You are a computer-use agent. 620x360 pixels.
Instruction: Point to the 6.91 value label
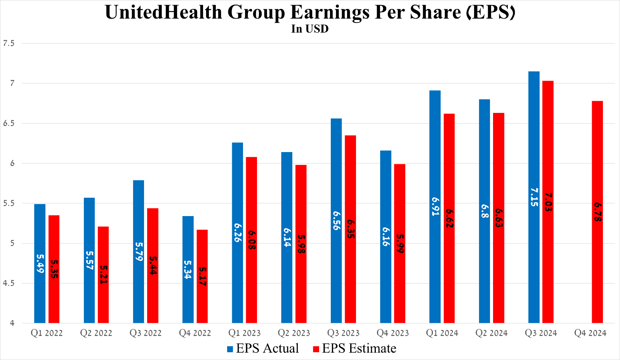click(x=435, y=206)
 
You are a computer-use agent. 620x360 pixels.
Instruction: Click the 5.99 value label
click(x=400, y=244)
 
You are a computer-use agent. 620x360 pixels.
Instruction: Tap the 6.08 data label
click(x=252, y=240)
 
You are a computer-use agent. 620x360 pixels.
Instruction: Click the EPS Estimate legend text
click(x=359, y=348)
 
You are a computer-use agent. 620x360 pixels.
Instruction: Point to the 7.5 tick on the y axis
click(x=9, y=43)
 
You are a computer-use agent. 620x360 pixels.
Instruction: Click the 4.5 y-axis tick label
click(x=9, y=284)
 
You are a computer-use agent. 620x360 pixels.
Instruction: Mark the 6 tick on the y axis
click(x=12, y=163)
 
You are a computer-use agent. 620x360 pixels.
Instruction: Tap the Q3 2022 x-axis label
click(x=146, y=333)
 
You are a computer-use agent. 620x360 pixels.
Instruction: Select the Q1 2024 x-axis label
click(x=442, y=333)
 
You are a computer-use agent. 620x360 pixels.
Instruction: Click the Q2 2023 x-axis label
click(x=294, y=333)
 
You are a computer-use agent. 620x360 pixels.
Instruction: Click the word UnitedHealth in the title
click(x=163, y=12)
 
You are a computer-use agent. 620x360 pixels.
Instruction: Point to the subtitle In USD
click(x=310, y=29)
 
